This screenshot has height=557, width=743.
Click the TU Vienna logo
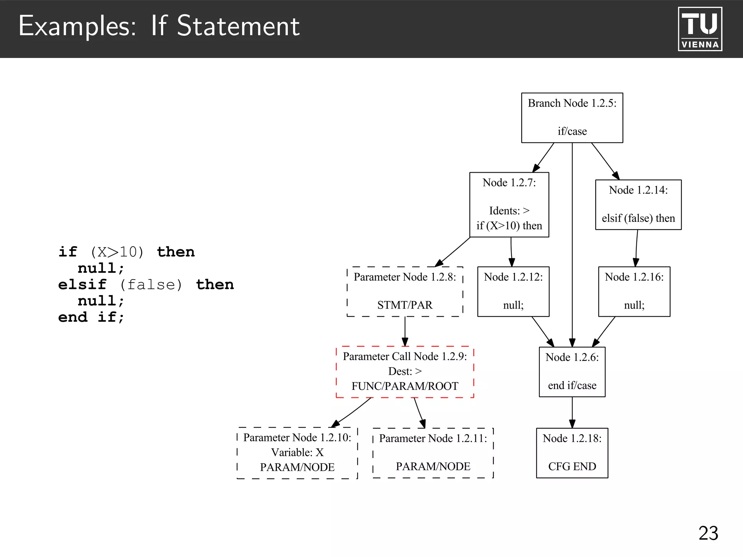[x=700, y=29]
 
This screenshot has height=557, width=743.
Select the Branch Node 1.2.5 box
[x=572, y=117]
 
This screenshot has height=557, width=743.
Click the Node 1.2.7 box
[x=509, y=205]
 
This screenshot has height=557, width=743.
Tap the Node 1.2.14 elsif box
[x=638, y=205]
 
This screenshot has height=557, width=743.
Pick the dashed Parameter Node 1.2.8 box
[x=405, y=292]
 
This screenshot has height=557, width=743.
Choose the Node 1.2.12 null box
[x=513, y=292]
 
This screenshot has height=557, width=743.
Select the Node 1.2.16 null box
[x=634, y=292]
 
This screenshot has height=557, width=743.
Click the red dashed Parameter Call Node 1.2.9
[x=405, y=372]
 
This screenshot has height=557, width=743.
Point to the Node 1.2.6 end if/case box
[x=572, y=372]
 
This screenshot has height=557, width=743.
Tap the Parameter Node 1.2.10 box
[x=297, y=453]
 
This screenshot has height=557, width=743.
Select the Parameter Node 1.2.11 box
[x=433, y=453]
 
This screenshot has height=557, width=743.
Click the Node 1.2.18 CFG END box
[x=572, y=453]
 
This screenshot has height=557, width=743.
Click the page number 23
[x=708, y=533]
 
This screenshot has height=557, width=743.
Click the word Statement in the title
[x=238, y=26]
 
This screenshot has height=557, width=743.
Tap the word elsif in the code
[x=82, y=285]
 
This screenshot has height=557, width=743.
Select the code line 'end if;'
[x=91, y=317]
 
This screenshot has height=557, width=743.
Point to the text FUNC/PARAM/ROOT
[x=405, y=386]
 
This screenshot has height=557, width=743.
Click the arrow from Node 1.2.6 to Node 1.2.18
[x=572, y=413]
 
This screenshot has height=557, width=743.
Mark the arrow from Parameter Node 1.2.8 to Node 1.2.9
[x=405, y=331]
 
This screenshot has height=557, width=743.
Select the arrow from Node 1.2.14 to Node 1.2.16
[x=636, y=248]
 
